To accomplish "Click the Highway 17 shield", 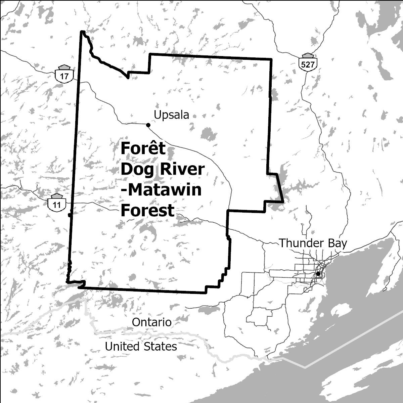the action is (x=64, y=74).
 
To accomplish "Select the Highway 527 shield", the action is (x=308, y=62).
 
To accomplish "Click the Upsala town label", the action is (x=171, y=115).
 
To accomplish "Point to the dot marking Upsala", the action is (x=148, y=125).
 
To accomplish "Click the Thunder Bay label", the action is (x=313, y=243).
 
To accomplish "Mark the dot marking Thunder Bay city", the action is (x=318, y=274).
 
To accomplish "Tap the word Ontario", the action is (x=152, y=322).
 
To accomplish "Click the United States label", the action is (x=141, y=346).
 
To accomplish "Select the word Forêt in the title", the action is (x=143, y=148).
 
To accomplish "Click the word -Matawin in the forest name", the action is (x=161, y=190).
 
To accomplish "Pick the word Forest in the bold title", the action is (x=147, y=211).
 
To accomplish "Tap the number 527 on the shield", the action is (x=308, y=64).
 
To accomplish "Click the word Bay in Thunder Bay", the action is (x=336, y=243).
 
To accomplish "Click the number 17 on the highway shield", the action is (x=64, y=76).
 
